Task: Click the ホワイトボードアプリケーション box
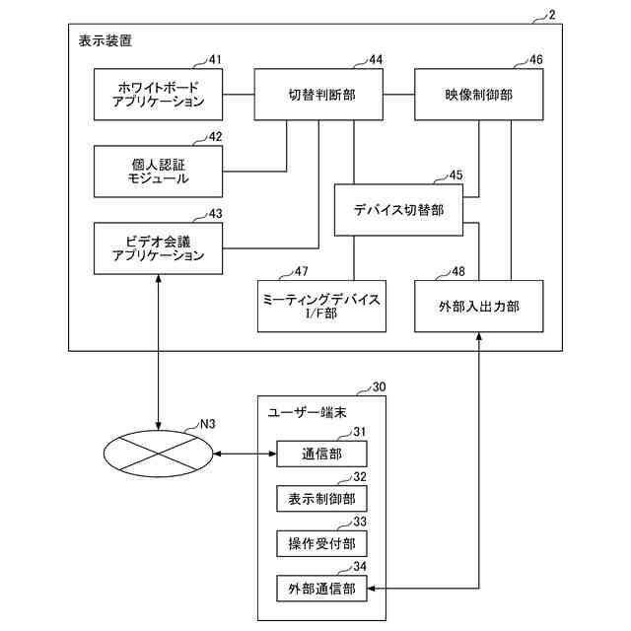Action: click(158, 95)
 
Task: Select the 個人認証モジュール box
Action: click(158, 172)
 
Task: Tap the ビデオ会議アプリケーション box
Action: click(158, 248)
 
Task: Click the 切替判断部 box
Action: click(318, 95)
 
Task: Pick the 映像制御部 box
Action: click(479, 95)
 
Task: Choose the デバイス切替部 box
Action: click(398, 210)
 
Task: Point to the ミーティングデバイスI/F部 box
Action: click(321, 307)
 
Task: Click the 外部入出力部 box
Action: click(479, 307)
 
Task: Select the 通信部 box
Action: click(321, 454)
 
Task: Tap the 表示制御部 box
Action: click(321, 499)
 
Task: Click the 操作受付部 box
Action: click(321, 543)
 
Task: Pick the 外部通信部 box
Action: click(321, 589)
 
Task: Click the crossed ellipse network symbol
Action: click(158, 454)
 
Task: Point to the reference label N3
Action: click(208, 424)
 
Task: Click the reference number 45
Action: click(456, 175)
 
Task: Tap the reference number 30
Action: click(379, 387)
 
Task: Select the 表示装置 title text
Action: click(105, 40)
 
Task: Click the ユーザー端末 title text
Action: click(307, 412)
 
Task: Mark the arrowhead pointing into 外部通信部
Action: click(371, 589)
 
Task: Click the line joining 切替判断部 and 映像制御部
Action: click(398, 95)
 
